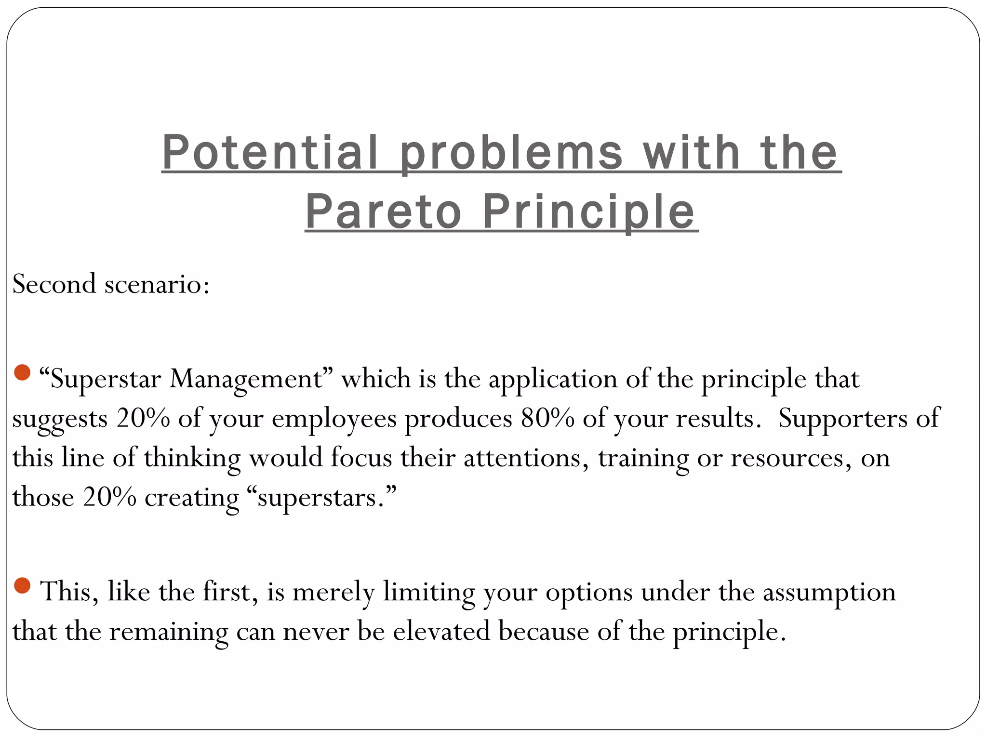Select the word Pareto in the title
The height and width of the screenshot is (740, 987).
(383, 212)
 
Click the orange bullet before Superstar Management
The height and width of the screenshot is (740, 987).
(22, 372)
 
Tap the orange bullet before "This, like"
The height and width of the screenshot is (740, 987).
(22, 585)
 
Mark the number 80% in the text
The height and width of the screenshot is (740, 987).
(547, 418)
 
